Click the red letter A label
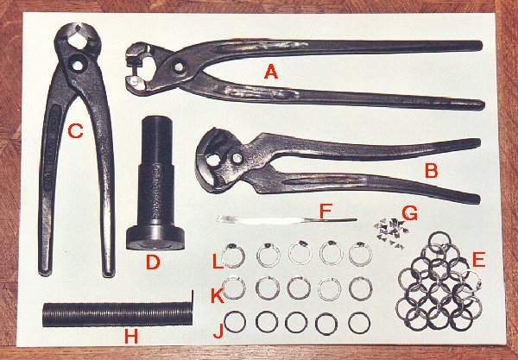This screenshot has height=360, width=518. click(270, 72)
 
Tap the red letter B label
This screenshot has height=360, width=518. click(431, 170)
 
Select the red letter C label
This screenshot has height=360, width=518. click(75, 130)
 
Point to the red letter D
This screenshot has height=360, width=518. click(153, 262)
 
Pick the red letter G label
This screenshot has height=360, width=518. click(409, 213)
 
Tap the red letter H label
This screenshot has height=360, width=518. click(131, 336)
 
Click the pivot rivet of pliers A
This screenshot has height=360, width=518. click(179, 67)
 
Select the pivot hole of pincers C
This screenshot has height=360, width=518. click(78, 66)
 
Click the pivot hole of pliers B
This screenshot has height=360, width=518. click(237, 159)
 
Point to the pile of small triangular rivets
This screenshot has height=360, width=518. click(391, 233)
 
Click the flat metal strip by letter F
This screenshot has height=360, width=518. click(287, 219)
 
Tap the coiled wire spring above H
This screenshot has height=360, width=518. click(117, 314)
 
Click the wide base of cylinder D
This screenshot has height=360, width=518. click(155, 238)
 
